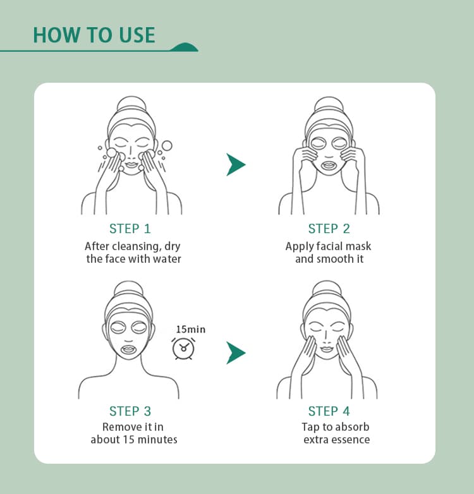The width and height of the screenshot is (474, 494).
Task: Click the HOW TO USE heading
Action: tap(94, 35)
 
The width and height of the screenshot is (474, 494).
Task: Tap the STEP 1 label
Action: tap(130, 229)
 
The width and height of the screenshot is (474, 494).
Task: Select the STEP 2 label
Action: tap(329, 229)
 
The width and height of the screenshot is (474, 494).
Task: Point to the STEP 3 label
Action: tap(130, 411)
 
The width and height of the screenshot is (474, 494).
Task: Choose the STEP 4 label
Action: tap(329, 411)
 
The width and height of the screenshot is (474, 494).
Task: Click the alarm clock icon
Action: tap(183, 349)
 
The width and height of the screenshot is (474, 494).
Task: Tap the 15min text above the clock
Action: tap(191, 330)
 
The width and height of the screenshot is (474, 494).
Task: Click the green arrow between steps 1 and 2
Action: tap(236, 164)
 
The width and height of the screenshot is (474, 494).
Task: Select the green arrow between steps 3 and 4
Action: tap(236, 353)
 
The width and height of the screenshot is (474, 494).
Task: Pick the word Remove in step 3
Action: tap(118, 427)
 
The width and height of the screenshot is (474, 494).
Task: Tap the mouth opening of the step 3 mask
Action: tap(128, 349)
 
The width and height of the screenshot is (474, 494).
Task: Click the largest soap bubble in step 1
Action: tap(167, 145)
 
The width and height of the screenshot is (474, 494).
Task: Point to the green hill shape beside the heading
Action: tap(185, 47)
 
